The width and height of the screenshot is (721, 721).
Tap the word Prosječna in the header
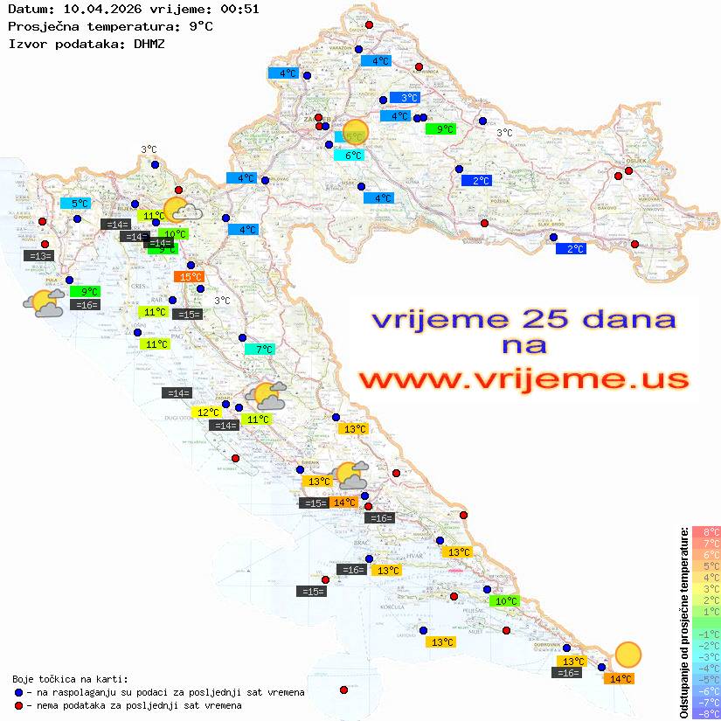coord(43,26)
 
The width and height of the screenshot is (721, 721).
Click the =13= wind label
coord(39,256)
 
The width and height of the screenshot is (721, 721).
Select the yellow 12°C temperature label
coord(208,412)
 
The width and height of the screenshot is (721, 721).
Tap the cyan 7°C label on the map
coord(260,350)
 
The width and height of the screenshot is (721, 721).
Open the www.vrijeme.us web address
coord(523,379)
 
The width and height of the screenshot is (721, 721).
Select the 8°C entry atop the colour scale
coord(706,531)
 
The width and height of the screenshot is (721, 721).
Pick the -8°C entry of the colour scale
coord(706,714)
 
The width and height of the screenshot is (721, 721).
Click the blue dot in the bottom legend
coord(19,692)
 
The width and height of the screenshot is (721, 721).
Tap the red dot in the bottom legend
coord(19,705)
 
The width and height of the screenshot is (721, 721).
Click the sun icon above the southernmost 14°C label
coord(627,654)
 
